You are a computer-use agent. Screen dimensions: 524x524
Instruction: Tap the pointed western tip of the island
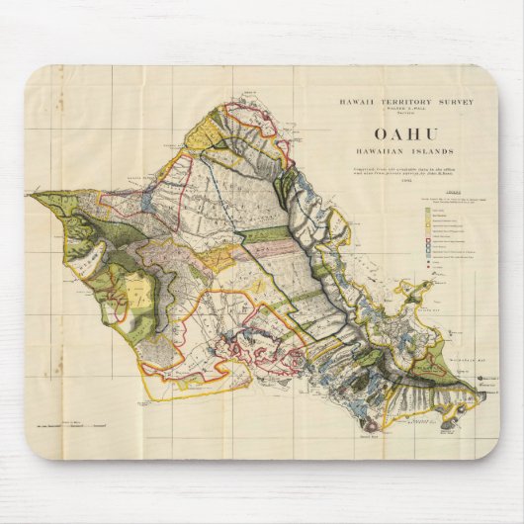pos(33,195)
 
